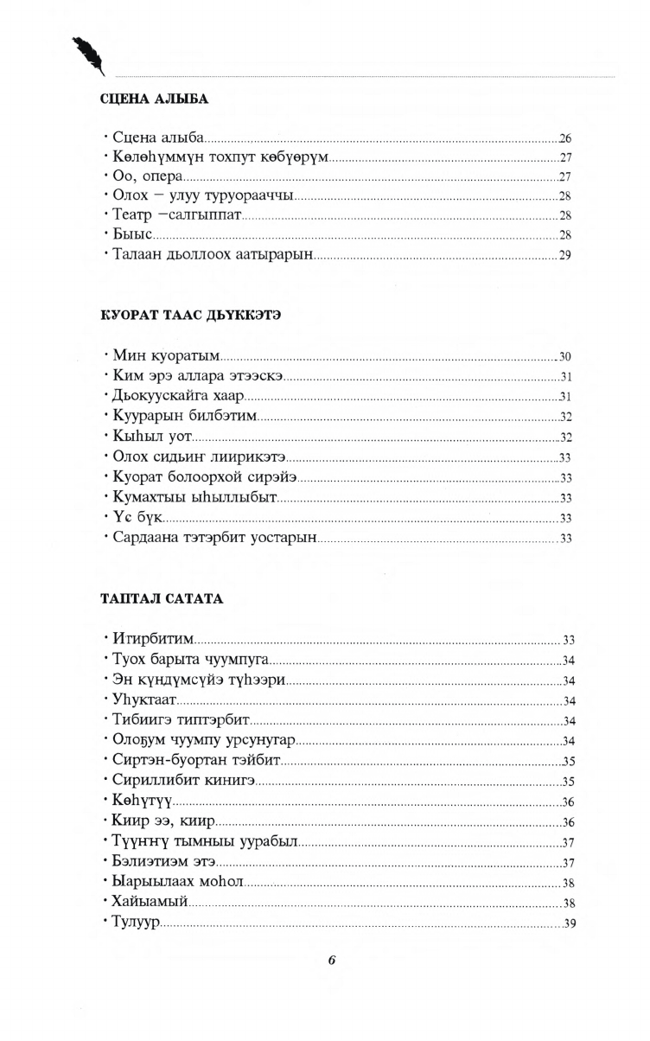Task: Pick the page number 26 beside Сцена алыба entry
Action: [x=566, y=139]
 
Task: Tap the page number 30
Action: [x=566, y=356]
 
